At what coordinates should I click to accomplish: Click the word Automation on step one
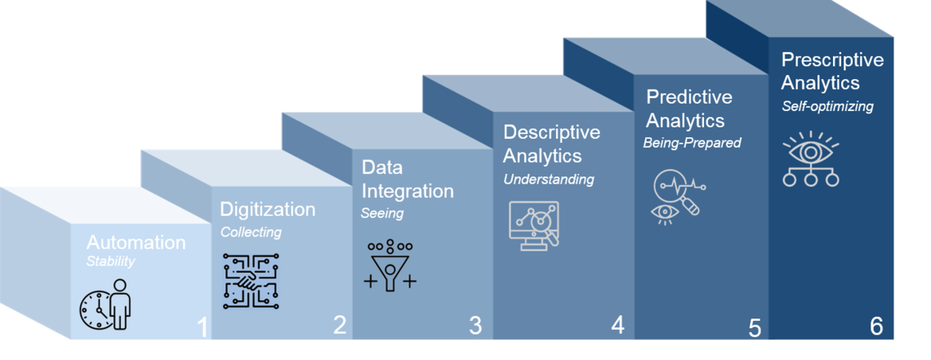pyautogui.click(x=136, y=243)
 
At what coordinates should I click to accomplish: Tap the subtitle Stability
pyautogui.click(x=110, y=262)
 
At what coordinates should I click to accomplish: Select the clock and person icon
pyautogui.click(x=105, y=304)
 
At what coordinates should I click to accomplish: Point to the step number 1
pyautogui.click(x=203, y=328)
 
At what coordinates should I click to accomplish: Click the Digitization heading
pyautogui.click(x=267, y=210)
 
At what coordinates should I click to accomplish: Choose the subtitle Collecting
pyautogui.click(x=251, y=232)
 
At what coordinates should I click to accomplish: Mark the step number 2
pyautogui.click(x=340, y=326)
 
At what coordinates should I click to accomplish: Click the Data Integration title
pyautogui.click(x=407, y=180)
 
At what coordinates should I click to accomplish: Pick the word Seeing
pyautogui.click(x=382, y=214)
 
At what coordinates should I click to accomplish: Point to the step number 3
pyautogui.click(x=475, y=326)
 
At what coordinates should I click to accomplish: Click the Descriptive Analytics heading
pyautogui.click(x=551, y=144)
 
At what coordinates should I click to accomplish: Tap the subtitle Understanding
pyautogui.click(x=548, y=179)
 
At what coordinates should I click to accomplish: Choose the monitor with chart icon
pyautogui.click(x=532, y=226)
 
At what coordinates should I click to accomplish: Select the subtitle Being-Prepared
pyautogui.click(x=692, y=143)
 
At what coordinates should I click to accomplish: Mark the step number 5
pyautogui.click(x=754, y=328)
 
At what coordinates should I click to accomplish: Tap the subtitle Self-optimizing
pyautogui.click(x=826, y=106)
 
